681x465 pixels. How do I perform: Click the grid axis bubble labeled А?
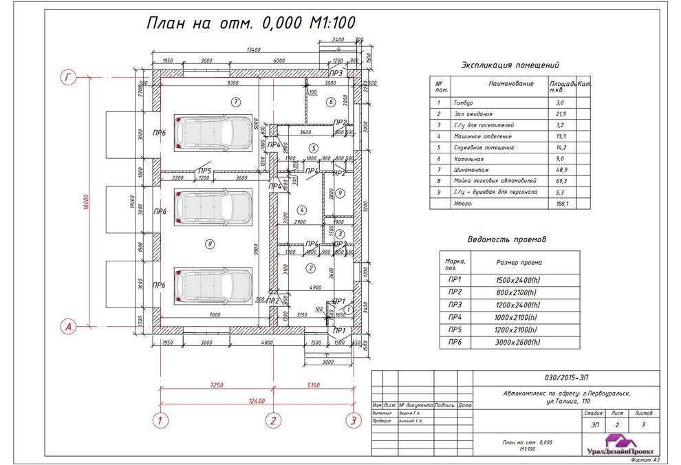coord(68,327)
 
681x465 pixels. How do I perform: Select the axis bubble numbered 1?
coord(160,420)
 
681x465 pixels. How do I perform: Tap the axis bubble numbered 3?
coord(352,420)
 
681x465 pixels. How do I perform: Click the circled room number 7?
coord(235,102)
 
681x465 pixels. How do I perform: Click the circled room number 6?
coord(330,102)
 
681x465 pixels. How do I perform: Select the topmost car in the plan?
coord(213,131)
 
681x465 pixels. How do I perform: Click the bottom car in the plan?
coord(213,284)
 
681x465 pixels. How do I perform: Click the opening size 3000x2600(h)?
coord(517,342)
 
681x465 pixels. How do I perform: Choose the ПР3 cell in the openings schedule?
coord(455,303)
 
